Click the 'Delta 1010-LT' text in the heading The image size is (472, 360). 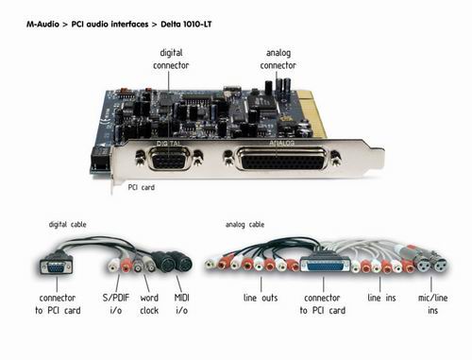tap(186, 25)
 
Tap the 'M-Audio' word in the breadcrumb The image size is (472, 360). tap(42, 25)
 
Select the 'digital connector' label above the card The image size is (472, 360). tap(171, 59)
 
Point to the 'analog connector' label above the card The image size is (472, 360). tap(278, 59)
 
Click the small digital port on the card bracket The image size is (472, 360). tap(169, 159)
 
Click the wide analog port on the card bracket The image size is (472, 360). tap(281, 159)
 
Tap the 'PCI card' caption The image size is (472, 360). tap(142, 187)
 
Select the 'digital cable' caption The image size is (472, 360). tap(67, 225)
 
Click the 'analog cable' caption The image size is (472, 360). tap(244, 225)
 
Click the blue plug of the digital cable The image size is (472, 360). tap(57, 267)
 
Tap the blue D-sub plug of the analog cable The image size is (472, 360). tap(325, 266)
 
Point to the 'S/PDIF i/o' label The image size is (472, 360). tap(116, 304)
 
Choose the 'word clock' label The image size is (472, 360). tap(149, 304)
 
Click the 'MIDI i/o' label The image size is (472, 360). tap(182, 304)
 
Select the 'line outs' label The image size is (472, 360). tap(261, 298)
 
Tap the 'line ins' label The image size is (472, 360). tap(381, 298)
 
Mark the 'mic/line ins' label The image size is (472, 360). tap(432, 304)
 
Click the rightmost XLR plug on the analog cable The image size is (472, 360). tap(438, 264)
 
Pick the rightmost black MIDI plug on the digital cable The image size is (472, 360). tap(182, 264)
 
